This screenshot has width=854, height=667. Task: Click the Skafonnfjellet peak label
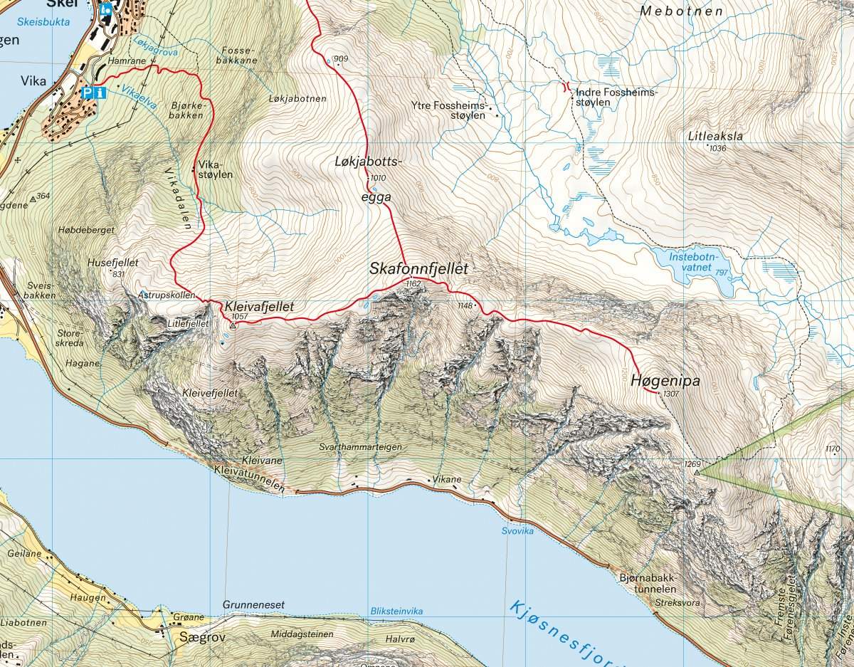click(x=418, y=269)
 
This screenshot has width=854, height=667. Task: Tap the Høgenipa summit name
click(x=665, y=382)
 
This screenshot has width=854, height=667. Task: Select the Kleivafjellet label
click(x=259, y=307)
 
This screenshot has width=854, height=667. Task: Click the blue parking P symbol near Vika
click(x=88, y=93)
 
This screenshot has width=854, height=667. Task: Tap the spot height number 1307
click(x=671, y=394)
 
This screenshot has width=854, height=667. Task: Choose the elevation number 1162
click(x=413, y=284)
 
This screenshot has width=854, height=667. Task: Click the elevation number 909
click(x=341, y=58)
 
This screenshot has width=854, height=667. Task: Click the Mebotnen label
click(x=681, y=11)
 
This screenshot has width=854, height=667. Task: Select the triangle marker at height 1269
click(x=697, y=473)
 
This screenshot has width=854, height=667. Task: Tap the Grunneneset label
click(x=253, y=604)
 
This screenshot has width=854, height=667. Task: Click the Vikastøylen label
click(x=207, y=168)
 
